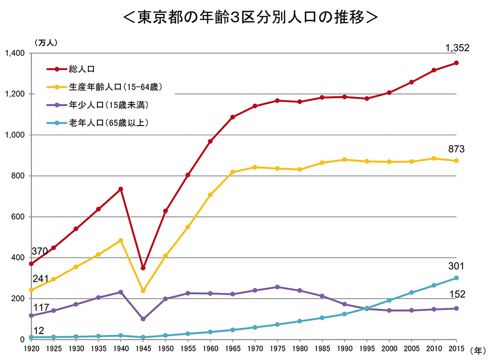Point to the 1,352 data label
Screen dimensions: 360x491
pyautogui.click(x=456, y=48)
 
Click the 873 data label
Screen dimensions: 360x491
pyautogui.click(x=456, y=150)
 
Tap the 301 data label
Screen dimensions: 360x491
pyautogui.click(x=456, y=267)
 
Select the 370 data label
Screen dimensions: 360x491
pyautogui.click(x=39, y=251)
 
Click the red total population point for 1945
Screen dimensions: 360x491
pyautogui.click(x=143, y=268)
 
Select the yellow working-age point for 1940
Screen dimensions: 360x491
pyautogui.click(x=120, y=240)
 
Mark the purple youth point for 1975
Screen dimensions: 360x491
pyautogui.click(x=277, y=287)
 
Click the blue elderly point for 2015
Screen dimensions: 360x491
pyautogui.click(x=456, y=278)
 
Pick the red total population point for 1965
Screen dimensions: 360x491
pyautogui.click(x=233, y=117)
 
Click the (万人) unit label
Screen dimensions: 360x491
pyautogui.click(x=46, y=42)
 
